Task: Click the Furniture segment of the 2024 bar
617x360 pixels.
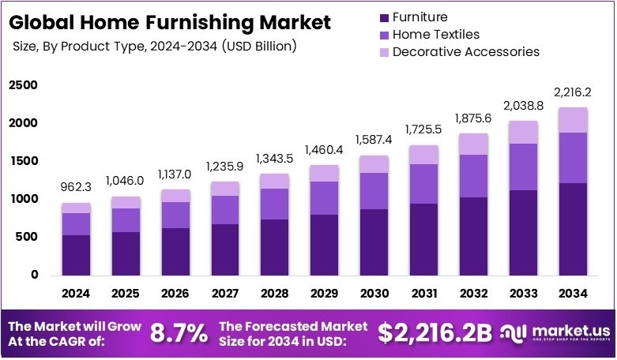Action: tap(77, 255)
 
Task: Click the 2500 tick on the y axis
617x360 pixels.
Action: tap(23, 85)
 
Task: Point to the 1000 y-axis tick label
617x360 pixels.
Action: tap(23, 200)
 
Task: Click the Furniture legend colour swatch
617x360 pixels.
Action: tap(385, 17)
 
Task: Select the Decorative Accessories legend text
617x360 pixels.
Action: tap(465, 52)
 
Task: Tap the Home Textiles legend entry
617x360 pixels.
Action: tap(435, 35)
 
